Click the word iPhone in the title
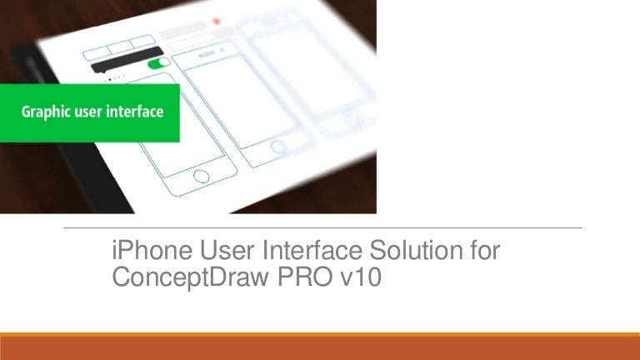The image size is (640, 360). (x=152, y=250)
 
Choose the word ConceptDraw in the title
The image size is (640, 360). (x=190, y=277)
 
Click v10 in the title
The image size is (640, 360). (x=360, y=277)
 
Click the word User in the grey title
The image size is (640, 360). (x=227, y=250)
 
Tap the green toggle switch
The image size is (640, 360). (x=159, y=63)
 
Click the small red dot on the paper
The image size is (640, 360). (x=217, y=21)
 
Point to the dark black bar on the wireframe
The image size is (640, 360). (x=127, y=60)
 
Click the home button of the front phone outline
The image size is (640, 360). (x=201, y=177)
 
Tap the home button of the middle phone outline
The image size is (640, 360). (x=278, y=147)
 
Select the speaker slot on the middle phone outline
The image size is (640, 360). (x=207, y=54)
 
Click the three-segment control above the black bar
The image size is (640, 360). (x=119, y=47)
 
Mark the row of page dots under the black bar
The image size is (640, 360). (x=115, y=77)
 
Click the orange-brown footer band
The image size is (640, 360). (x=320, y=347)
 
